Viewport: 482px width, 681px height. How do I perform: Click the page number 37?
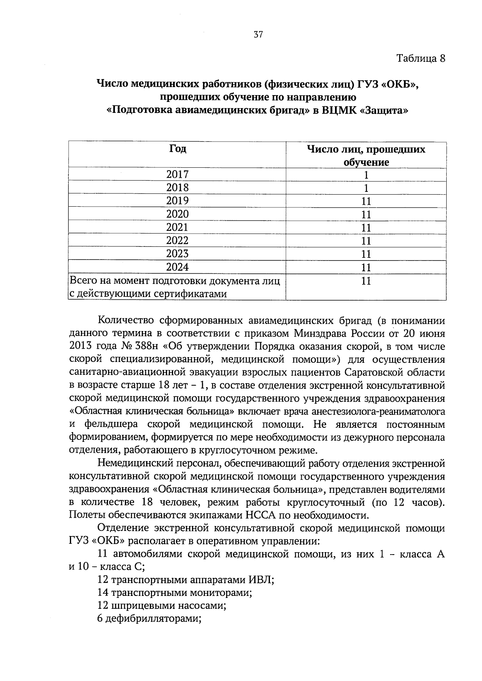(x=258, y=35)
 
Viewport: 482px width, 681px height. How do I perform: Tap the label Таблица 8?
(x=421, y=58)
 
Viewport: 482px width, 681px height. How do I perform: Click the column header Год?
(x=177, y=148)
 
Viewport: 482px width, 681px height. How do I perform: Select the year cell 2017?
(x=177, y=174)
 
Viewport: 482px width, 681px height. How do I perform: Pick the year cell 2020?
(x=177, y=214)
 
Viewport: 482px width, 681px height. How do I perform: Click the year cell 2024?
(x=177, y=267)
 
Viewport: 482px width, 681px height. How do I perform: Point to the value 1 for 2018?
(x=366, y=188)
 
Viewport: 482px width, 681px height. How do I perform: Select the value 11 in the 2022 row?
(x=366, y=241)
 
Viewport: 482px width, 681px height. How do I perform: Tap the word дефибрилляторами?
(x=153, y=618)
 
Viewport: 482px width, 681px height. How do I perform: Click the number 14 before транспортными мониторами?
(x=103, y=593)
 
